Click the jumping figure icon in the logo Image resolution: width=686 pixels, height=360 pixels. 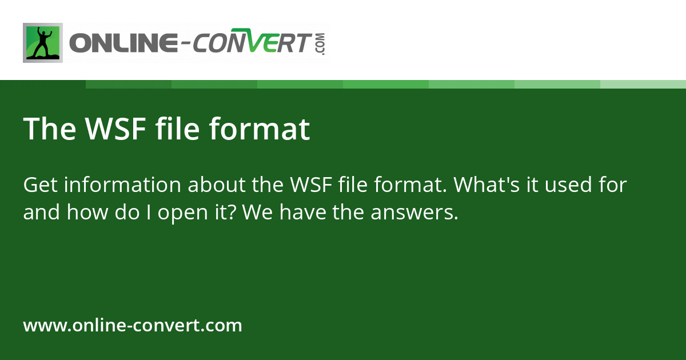pyautogui.click(x=43, y=43)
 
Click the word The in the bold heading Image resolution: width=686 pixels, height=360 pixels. pyautogui.click(x=49, y=129)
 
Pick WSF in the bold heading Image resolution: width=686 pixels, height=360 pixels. pyautogui.click(x=115, y=129)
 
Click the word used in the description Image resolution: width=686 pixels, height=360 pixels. pyautogui.click(x=574, y=185)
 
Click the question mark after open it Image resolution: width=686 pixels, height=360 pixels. pyautogui.click(x=244, y=213)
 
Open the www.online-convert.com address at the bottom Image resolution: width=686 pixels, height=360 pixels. pyautogui.click(x=133, y=326)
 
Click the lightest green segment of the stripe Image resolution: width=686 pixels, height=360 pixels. pyautogui.click(x=643, y=84)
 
